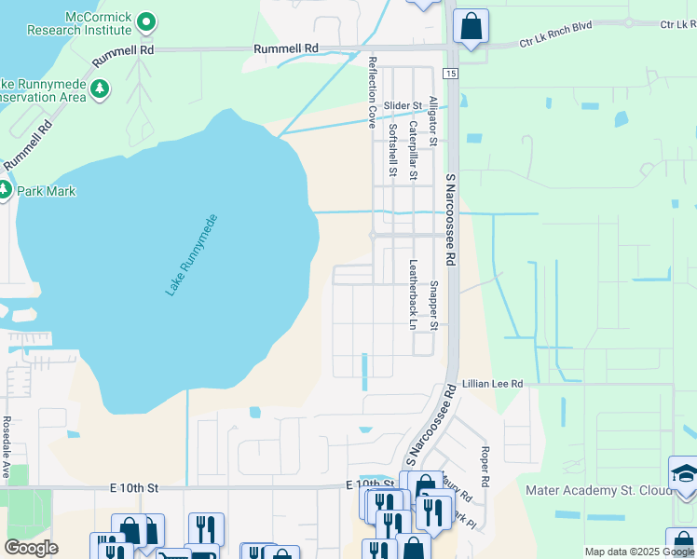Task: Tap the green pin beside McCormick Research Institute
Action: (x=145, y=20)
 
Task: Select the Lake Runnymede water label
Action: (x=192, y=256)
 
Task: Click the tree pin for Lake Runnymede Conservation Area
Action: (x=97, y=89)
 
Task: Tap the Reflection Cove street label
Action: (x=373, y=91)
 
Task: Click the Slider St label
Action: (x=403, y=105)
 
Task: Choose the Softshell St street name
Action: (x=392, y=150)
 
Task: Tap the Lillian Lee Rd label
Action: (x=493, y=384)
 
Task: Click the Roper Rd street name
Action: (x=485, y=469)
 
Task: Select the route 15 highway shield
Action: (x=451, y=73)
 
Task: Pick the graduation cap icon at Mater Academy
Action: (x=684, y=473)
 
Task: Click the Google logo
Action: (x=31, y=548)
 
